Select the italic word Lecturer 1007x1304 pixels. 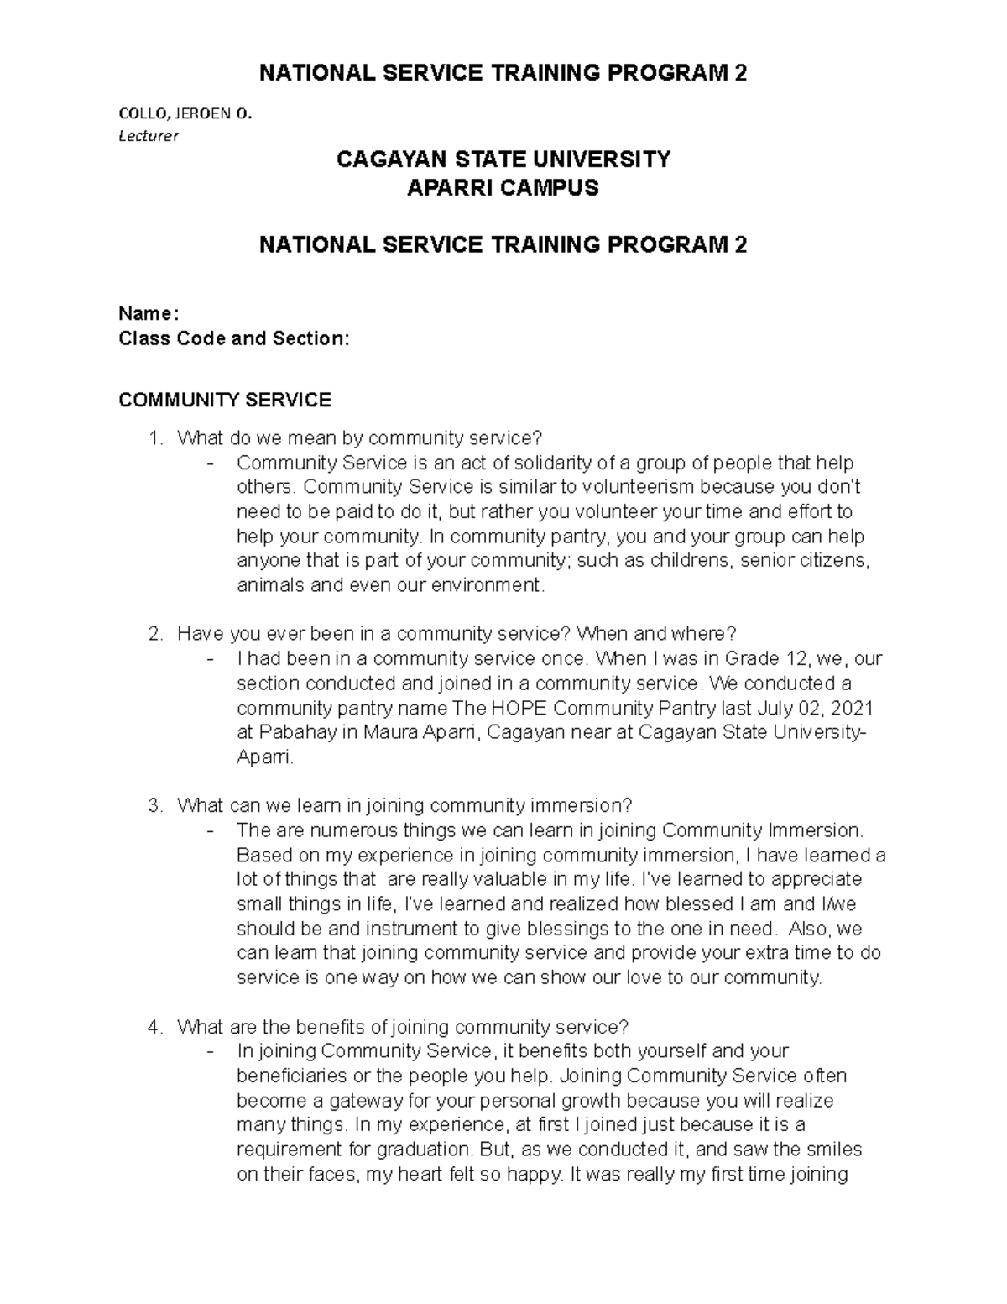tap(149, 135)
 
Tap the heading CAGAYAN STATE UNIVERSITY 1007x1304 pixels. tap(503, 159)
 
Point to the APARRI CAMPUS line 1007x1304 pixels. tap(503, 187)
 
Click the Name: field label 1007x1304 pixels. tap(149, 314)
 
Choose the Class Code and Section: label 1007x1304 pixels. tap(233, 338)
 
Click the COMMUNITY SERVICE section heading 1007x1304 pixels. tap(225, 400)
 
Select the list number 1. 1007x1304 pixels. tap(153, 438)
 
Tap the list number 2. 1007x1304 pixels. tap(153, 634)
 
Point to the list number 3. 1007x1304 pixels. tap(153, 806)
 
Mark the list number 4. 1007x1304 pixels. tap(153, 1027)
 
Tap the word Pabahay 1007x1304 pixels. tap(300, 732)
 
